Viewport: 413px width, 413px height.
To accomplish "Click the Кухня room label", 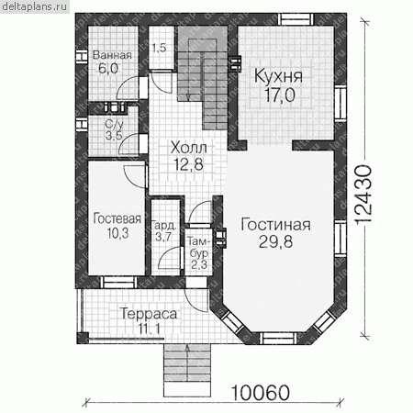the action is (278, 76).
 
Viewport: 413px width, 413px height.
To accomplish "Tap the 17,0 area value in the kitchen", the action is (280, 95).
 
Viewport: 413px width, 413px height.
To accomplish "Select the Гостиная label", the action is (275, 225).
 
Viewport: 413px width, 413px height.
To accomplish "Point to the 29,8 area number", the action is (275, 241).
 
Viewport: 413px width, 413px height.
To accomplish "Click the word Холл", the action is (189, 148).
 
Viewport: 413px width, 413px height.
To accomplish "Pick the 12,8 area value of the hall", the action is (188, 164).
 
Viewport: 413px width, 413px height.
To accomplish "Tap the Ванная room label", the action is (112, 55).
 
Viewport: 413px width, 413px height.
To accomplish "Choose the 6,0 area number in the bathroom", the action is (108, 68).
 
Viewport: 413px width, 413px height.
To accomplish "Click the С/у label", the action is (114, 124).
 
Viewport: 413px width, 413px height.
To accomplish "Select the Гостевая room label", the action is (117, 218).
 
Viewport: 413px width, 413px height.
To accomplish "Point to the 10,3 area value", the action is (117, 233).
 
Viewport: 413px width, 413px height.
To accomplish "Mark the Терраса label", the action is (149, 314).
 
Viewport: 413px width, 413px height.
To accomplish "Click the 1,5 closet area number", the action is (159, 48).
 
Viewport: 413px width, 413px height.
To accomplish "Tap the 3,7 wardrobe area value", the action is (163, 237).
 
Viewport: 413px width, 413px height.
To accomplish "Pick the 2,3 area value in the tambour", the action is (199, 264).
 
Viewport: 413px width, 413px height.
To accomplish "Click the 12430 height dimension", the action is (364, 195).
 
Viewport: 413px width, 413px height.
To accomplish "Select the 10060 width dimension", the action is (261, 393).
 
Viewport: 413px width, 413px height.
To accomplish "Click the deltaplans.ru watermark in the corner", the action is (35, 6).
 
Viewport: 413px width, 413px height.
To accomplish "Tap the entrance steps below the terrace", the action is (187, 370).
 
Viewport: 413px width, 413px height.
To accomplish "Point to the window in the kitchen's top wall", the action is (296, 19).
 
